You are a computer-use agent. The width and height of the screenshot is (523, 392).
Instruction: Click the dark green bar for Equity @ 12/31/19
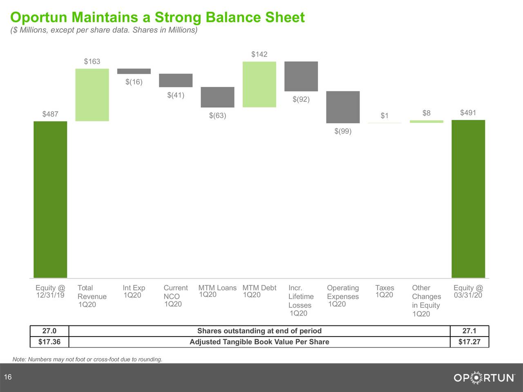click(x=50, y=199)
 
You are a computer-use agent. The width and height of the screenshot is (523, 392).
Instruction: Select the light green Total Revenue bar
click(x=92, y=95)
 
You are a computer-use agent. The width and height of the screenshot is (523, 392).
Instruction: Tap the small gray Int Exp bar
click(x=134, y=71)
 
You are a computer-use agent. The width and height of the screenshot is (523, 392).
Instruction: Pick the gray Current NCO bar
click(x=176, y=80)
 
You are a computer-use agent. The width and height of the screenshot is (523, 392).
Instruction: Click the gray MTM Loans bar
click(x=217, y=97)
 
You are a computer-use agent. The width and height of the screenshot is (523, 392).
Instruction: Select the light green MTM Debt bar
click(x=259, y=85)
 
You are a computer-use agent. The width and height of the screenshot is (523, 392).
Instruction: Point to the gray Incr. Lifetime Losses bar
click(x=301, y=76)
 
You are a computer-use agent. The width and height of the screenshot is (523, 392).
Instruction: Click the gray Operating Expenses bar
click(x=343, y=107)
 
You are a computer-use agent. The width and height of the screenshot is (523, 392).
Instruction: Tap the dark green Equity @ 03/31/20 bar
click(x=468, y=199)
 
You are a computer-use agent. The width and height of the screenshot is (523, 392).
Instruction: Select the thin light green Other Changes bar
click(x=427, y=121)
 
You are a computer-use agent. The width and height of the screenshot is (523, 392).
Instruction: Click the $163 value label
click(x=92, y=62)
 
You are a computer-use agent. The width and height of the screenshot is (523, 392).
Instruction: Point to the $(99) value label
click(x=343, y=131)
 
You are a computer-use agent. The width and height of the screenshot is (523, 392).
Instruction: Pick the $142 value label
click(x=259, y=55)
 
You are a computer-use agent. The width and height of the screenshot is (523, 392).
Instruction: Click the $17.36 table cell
click(x=49, y=342)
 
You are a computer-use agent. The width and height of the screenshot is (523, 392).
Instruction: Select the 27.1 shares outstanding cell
click(x=469, y=331)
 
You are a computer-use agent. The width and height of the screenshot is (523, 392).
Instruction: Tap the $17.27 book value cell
click(x=469, y=342)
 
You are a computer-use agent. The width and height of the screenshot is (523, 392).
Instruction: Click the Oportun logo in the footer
click(x=484, y=378)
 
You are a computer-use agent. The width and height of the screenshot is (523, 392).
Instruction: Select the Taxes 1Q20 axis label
click(x=384, y=291)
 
